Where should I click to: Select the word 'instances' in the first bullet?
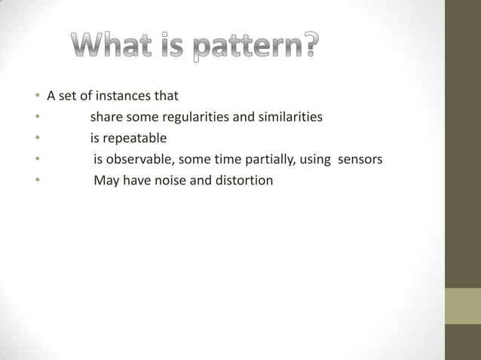121,96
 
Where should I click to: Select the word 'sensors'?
360,160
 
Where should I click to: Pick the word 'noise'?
167,181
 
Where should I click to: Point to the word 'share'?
106,117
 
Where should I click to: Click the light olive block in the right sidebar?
462,306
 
